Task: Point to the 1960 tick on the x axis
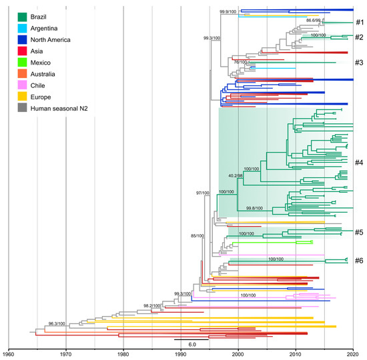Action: click(9, 353)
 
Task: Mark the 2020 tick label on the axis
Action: click(353, 353)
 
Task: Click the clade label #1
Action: click(358, 22)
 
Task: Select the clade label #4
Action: click(358, 163)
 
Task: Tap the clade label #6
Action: click(358, 261)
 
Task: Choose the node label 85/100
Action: click(200, 235)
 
